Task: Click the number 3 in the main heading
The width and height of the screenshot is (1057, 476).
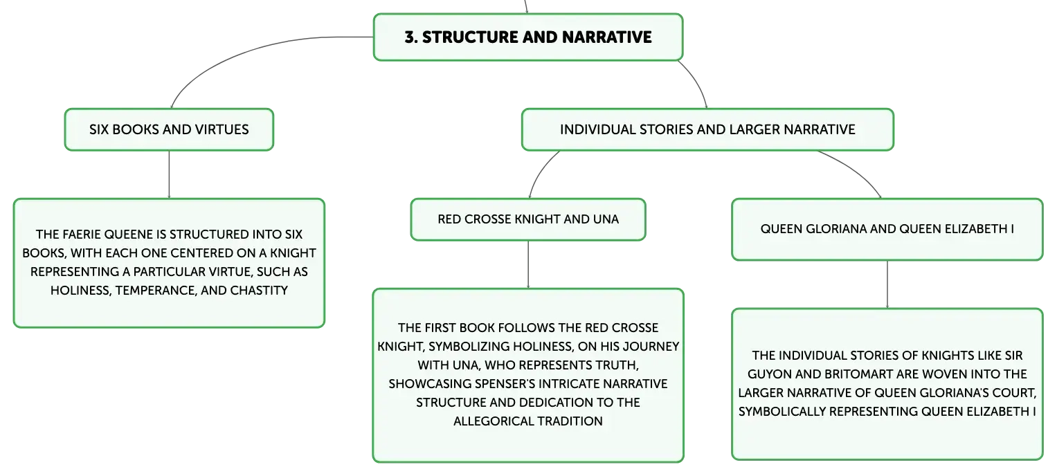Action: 410,37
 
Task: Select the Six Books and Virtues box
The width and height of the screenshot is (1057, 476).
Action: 169,130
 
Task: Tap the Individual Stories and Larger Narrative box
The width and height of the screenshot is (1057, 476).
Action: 707,130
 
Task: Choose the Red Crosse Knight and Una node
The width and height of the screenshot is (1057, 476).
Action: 528,219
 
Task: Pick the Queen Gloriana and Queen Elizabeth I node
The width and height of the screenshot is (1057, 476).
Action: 887,229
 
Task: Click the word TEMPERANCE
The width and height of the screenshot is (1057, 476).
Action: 155,291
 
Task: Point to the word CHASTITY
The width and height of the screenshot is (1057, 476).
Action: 259,290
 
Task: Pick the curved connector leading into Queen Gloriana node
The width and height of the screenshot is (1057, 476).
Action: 855,169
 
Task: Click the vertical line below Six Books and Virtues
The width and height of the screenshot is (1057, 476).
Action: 169,174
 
